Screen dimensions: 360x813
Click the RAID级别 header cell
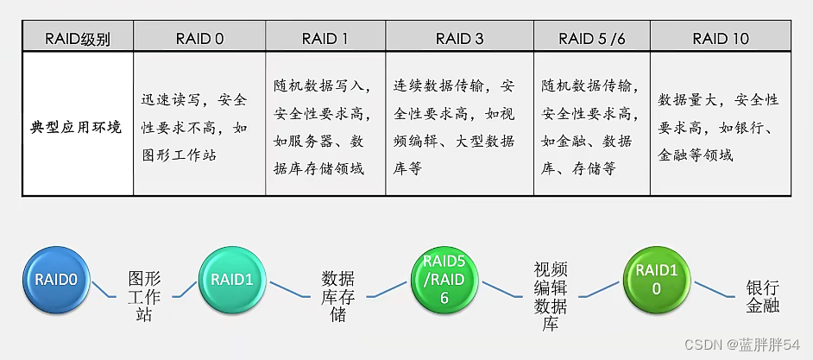point(78,38)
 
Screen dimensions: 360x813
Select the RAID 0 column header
point(199,38)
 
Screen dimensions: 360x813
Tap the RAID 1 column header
point(325,38)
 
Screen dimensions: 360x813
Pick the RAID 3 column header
point(459,38)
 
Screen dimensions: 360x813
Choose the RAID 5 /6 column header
point(592,38)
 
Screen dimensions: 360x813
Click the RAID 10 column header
point(721,38)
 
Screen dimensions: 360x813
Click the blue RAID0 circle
point(57,280)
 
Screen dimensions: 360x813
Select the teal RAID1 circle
point(231,280)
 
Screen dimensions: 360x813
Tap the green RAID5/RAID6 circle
point(444,279)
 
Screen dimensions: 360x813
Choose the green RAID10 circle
point(656,279)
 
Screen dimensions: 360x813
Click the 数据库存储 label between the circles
point(337,296)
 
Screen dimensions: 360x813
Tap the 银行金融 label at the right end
point(762,296)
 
